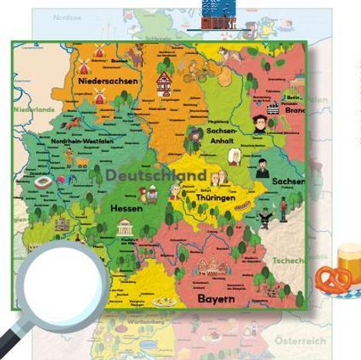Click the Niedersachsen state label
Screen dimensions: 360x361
(x=108, y=81)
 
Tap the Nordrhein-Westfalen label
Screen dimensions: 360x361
(x=83, y=142)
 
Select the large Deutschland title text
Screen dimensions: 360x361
(x=156, y=175)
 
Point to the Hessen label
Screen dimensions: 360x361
(x=126, y=208)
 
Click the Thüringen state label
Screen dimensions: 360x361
(x=215, y=198)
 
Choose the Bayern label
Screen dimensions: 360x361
(x=216, y=298)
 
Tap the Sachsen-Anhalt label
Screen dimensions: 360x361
(x=221, y=136)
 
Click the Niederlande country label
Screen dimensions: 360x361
(x=35, y=109)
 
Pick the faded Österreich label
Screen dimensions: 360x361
(x=300, y=340)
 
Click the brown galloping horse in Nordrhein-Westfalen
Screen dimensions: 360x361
(x=73, y=121)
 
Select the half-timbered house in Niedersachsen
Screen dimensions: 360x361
(x=164, y=81)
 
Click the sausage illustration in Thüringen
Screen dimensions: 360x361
(x=242, y=206)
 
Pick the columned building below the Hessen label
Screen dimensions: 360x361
(x=124, y=227)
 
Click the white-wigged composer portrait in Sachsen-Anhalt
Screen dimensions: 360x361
(x=234, y=157)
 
